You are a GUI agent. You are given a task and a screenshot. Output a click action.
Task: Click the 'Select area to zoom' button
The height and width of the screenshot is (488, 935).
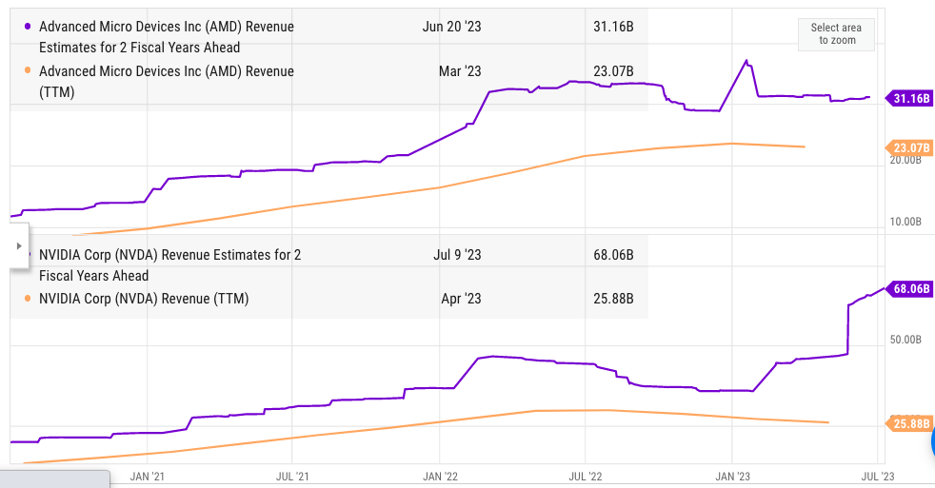click(836, 34)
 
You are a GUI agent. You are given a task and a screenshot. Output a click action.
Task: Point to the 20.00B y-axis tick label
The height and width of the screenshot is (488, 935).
click(905, 161)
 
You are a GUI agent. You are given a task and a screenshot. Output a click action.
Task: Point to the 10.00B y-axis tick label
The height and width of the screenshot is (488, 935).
click(905, 222)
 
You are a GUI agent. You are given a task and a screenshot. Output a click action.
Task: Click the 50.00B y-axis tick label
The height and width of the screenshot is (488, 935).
click(905, 340)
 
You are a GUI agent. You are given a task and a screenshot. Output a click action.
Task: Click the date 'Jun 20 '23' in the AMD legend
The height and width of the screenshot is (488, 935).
click(451, 27)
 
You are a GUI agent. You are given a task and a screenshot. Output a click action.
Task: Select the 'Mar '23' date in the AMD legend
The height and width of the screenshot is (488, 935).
click(459, 70)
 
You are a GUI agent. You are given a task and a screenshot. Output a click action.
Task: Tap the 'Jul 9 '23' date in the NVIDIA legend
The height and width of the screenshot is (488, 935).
click(457, 255)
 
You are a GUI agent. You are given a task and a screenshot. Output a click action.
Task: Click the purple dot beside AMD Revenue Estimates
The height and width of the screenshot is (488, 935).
click(27, 27)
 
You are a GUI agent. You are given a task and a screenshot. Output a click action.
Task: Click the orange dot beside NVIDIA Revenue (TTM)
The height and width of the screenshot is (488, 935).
click(27, 299)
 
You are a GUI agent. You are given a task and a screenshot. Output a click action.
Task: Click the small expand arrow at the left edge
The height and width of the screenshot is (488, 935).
click(18, 245)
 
